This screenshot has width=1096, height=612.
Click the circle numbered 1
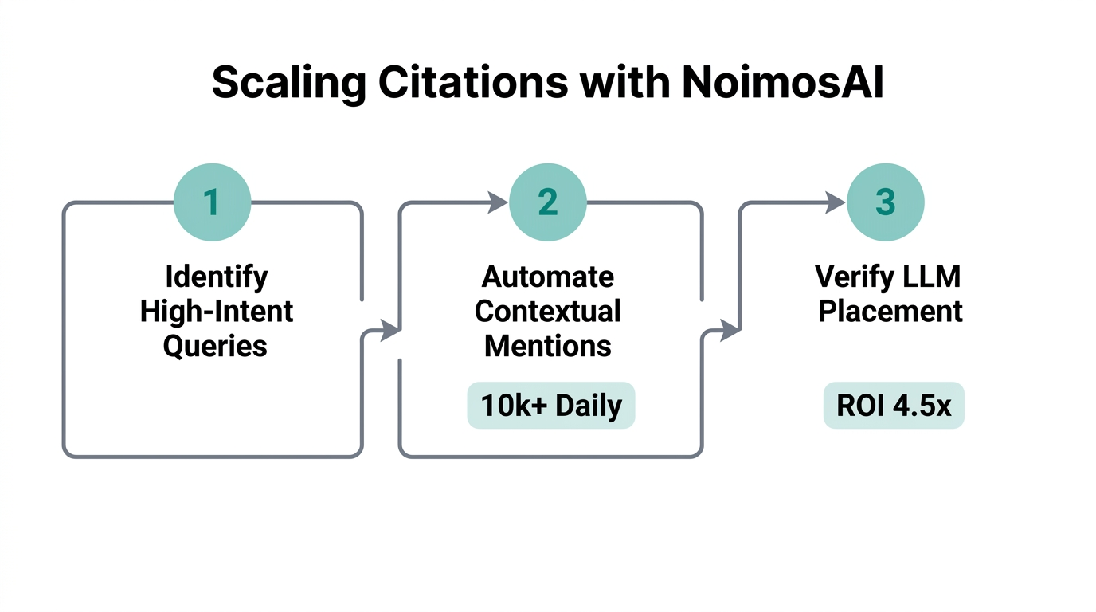(212, 202)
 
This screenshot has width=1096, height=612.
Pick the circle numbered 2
(548, 202)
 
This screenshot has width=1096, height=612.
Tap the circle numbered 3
(885, 202)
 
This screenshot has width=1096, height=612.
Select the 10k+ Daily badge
(550, 406)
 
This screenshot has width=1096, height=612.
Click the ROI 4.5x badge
(894, 406)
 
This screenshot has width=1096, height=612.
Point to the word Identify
(217, 277)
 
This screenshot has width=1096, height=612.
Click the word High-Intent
(217, 312)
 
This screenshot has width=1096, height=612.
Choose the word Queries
(215, 346)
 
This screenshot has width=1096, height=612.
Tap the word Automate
(548, 277)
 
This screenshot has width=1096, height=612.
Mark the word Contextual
(548, 312)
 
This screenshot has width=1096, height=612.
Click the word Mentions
(548, 346)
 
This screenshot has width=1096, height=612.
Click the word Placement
(890, 312)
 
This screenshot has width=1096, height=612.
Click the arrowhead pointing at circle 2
(498, 202)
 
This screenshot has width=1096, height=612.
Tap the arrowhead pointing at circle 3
(836, 202)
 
